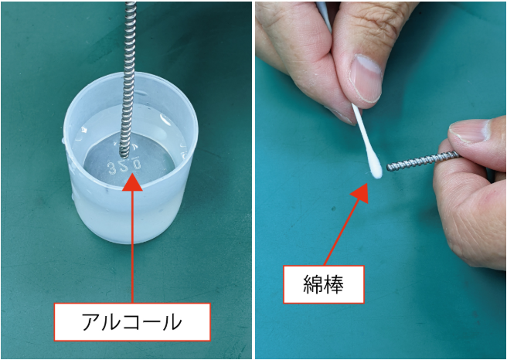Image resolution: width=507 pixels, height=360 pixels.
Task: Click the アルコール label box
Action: [132, 322]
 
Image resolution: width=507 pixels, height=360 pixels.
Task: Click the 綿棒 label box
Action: [324, 285]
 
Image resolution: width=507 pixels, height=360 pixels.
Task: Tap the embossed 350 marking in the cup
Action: [124, 167]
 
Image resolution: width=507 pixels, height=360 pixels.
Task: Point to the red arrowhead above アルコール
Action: [132, 182]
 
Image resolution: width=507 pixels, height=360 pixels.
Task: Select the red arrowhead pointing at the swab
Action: [360, 193]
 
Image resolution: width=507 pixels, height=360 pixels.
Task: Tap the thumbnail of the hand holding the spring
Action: [469, 131]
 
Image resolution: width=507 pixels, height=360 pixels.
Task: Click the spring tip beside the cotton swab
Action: [389, 168]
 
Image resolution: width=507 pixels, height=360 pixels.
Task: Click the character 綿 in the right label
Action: [313, 285]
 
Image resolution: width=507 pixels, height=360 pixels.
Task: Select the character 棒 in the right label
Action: [333, 285]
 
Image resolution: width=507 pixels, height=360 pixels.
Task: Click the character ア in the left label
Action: [91, 322]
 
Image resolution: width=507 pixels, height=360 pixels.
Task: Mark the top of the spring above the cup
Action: [131, 3]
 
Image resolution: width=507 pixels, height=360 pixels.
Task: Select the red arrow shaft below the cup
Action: [132, 246]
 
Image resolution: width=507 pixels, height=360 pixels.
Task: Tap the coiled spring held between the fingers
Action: [423, 161]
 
